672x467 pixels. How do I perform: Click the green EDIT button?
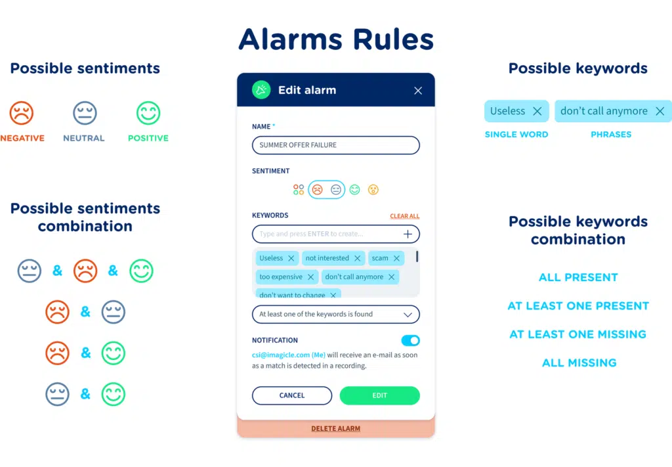pos(379,395)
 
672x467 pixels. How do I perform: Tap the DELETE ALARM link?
pos(335,429)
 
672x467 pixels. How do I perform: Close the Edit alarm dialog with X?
pos(418,91)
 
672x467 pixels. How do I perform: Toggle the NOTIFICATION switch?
pos(410,340)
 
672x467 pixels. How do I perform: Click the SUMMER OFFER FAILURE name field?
pos(335,145)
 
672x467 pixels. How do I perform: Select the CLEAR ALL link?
pos(404,216)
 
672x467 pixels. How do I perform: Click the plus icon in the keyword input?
pos(408,234)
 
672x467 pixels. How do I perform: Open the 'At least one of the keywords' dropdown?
pos(335,314)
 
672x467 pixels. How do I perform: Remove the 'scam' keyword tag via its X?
pos(396,258)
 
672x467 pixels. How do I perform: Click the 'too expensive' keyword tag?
pos(281,277)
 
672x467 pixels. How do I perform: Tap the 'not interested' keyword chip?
pos(327,258)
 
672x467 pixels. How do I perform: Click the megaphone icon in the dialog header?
pos(261,91)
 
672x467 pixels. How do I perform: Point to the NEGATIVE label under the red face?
pos(22,138)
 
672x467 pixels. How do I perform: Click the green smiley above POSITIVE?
pos(148,113)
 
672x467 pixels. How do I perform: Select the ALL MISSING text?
pos(579,363)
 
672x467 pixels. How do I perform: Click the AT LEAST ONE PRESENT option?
pos(578,306)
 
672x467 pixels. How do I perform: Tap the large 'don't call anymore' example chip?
pos(604,111)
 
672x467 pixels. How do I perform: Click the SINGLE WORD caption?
pos(516,135)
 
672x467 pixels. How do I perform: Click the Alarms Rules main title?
pos(335,39)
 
